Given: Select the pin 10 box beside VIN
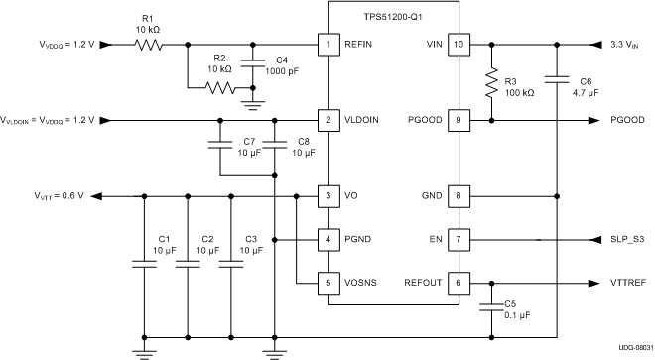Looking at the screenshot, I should coord(458,45).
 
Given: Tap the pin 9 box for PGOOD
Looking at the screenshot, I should coord(458,120).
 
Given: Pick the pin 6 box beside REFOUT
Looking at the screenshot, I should coord(458,282).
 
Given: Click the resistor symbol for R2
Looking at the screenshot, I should coord(219,88).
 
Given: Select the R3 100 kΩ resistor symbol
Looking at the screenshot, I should coord(489,82).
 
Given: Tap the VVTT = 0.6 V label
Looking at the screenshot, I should coord(59,195).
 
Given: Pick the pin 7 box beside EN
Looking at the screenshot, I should coord(458,239).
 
